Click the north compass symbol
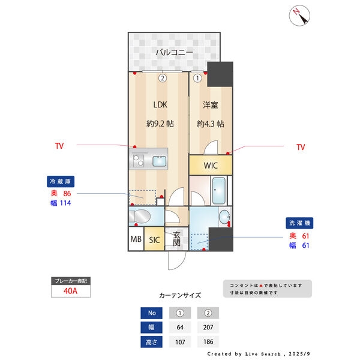coord(299,16)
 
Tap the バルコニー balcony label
coord(174,52)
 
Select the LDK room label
coord(160,104)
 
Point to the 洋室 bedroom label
coord(211,105)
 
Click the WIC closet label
coord(211,166)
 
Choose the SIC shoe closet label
coord(154,240)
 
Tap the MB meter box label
coord(136,239)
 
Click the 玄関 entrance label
coord(176,239)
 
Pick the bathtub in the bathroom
coord(218,191)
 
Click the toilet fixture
coord(140,216)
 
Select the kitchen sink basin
coord(160,161)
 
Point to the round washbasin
coord(224,216)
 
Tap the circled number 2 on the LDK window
coord(163,78)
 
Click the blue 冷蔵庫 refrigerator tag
coord(61,182)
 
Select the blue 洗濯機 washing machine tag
coord(299,223)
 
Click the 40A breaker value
coord(70,291)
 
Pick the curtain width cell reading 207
coord(208,327)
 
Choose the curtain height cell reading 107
coord(180,342)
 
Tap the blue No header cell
coord(152,313)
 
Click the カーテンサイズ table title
coord(180,295)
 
